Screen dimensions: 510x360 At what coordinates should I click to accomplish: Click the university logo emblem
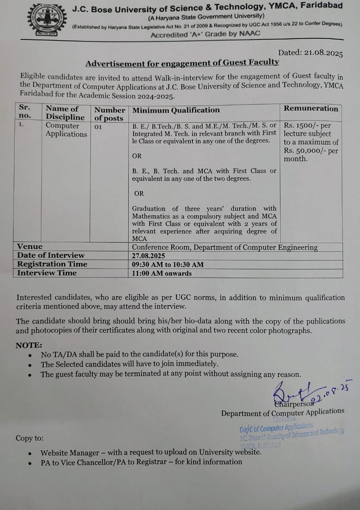click(44, 20)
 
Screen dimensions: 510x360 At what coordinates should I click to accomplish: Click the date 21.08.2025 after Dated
click(323, 53)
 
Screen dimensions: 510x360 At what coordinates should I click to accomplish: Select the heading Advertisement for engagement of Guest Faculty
click(182, 63)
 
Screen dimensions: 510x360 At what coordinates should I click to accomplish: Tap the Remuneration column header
click(311, 108)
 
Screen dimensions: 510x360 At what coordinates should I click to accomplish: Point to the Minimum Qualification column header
click(176, 110)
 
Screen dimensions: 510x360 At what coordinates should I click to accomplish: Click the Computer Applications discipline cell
click(66, 130)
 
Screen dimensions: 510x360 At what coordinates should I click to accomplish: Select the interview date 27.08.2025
click(149, 256)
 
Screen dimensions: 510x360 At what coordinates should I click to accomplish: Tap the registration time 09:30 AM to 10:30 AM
click(168, 265)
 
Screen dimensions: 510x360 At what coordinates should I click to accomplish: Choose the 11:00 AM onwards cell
click(162, 273)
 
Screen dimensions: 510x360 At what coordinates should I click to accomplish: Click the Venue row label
click(30, 247)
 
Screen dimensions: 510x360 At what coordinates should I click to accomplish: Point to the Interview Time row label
click(47, 273)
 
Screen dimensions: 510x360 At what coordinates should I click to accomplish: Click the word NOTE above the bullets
click(29, 345)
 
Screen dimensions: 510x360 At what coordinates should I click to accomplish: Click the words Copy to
click(30, 438)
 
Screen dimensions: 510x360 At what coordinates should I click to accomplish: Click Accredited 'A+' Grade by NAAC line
click(205, 34)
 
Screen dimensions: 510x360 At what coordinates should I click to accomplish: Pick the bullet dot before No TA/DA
click(30, 355)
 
